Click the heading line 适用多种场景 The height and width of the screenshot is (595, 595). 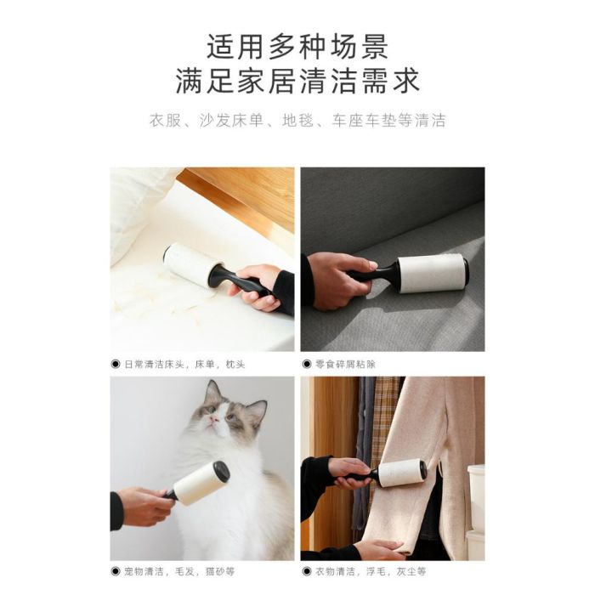click(x=297, y=47)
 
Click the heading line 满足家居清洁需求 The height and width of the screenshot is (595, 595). click(x=297, y=81)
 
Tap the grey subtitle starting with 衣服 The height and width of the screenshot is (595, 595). click(x=297, y=121)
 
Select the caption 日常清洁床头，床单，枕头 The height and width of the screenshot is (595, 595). click(x=184, y=365)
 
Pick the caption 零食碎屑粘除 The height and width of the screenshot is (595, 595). click(x=345, y=365)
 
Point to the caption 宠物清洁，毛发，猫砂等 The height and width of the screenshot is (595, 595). click(x=179, y=571)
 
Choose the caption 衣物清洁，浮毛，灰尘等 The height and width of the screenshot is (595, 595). click(x=371, y=571)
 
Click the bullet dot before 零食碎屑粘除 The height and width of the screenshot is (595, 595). click(x=307, y=365)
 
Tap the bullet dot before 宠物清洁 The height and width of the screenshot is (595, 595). click(x=116, y=571)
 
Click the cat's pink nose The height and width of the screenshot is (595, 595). click(x=214, y=419)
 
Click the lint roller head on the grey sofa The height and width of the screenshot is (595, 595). click(x=433, y=273)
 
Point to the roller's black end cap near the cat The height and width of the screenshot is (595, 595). click(x=222, y=471)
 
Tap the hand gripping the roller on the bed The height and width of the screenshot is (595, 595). click(x=256, y=286)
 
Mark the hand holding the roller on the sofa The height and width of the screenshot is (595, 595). click(x=337, y=279)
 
